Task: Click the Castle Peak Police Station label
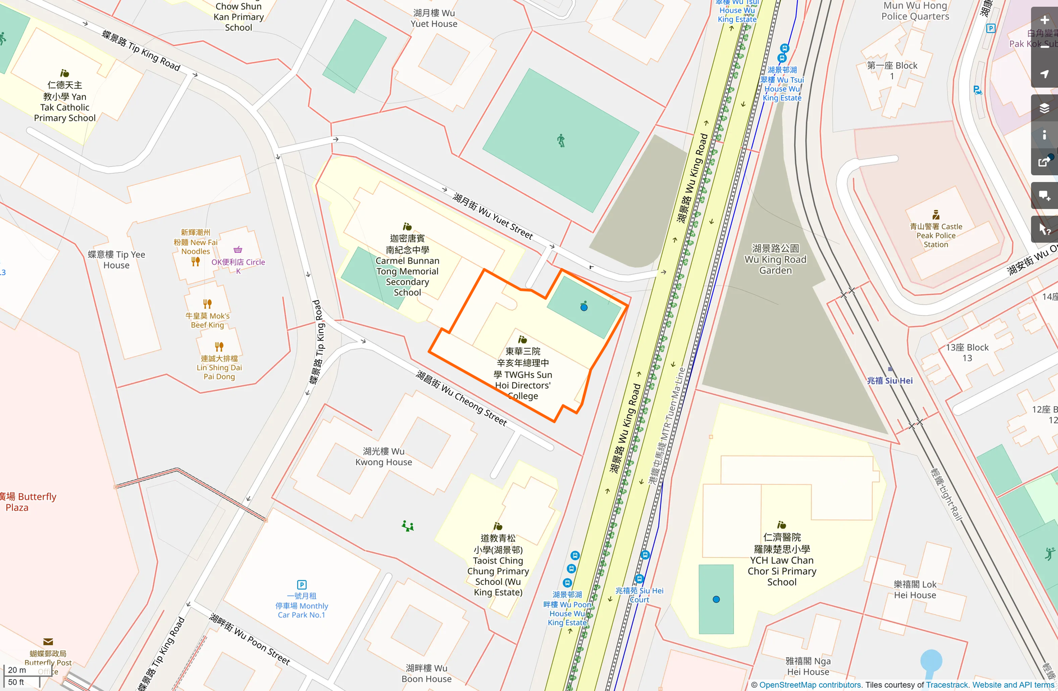coord(936,235)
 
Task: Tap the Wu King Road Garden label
coord(775,260)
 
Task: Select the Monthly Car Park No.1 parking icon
coord(302,585)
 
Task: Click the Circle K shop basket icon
coord(238,249)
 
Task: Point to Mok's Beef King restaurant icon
coord(207,304)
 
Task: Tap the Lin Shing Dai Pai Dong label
coord(219,367)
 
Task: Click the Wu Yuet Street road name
coord(492,216)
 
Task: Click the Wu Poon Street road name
coord(250,639)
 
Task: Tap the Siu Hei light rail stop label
coord(890,380)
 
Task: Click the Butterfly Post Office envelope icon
coord(48,642)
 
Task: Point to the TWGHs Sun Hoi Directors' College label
coord(522,374)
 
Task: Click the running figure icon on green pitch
coord(560,140)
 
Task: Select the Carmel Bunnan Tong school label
coord(407,265)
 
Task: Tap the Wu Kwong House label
coord(384,456)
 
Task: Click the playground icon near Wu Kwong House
coord(408,526)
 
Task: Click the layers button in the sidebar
coord(1044,108)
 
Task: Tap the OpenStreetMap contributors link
coord(809,685)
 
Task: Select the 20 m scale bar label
coord(17,670)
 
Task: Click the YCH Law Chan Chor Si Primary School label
coord(782,560)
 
